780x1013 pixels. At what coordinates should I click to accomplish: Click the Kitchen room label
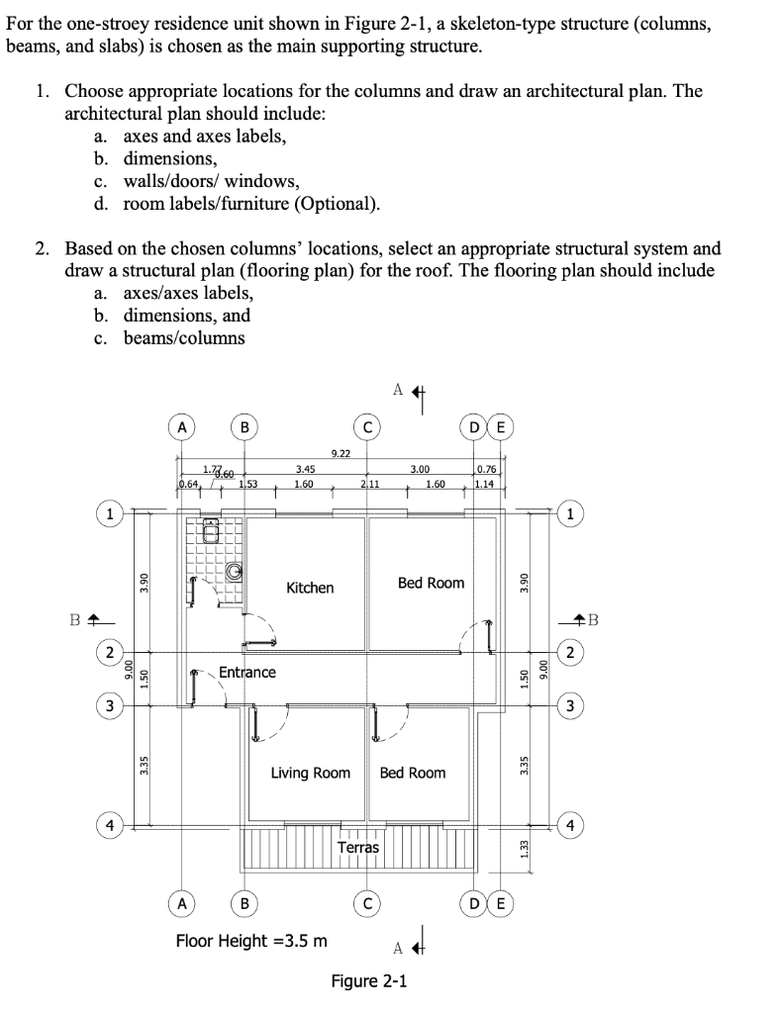point(310,588)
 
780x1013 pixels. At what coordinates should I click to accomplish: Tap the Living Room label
point(310,773)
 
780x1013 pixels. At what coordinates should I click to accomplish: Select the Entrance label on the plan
point(246,673)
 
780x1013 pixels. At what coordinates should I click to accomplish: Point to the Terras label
point(358,847)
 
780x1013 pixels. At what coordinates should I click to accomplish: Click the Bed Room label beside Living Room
point(413,773)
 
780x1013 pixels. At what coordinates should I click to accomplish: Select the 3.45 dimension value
point(306,469)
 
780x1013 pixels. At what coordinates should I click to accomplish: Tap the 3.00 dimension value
point(420,469)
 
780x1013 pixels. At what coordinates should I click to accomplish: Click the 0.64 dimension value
point(188,485)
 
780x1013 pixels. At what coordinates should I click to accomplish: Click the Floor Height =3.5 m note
point(251,940)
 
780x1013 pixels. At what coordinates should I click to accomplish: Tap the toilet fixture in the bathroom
point(210,532)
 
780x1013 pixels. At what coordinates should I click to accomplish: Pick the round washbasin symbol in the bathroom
point(236,571)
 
